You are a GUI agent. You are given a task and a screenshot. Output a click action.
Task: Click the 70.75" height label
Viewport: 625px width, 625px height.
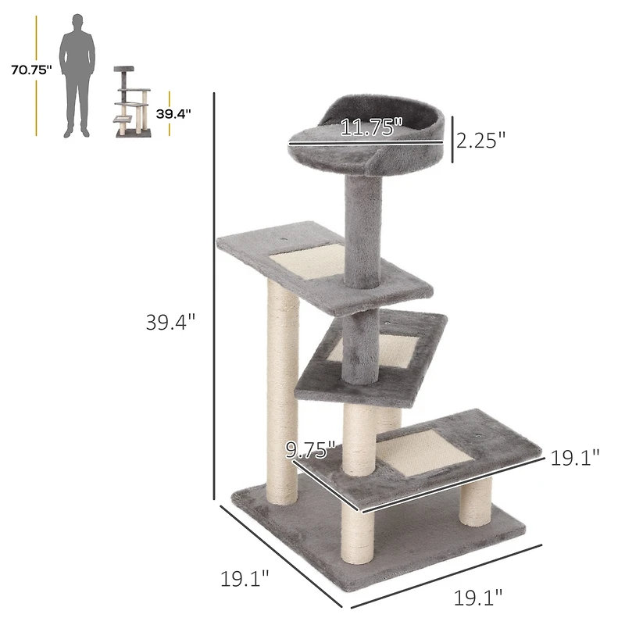(31, 70)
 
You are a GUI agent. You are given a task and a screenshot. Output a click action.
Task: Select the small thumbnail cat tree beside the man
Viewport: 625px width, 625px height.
(132, 102)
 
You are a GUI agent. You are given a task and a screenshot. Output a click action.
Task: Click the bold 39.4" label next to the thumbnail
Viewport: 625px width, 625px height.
(173, 113)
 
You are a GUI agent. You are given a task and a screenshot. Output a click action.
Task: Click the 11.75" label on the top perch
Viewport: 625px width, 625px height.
(371, 127)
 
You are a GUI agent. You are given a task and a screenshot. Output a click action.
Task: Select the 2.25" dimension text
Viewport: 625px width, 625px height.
(481, 140)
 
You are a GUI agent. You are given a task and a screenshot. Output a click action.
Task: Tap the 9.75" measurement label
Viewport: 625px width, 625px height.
(310, 449)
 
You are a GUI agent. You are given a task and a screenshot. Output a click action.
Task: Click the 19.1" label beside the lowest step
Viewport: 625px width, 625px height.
(574, 458)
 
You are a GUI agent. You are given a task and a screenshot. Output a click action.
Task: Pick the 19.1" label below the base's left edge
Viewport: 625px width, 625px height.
(245, 579)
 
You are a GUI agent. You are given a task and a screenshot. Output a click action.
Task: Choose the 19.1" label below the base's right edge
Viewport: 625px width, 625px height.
(478, 598)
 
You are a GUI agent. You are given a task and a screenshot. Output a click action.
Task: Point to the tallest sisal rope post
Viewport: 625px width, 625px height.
(281, 391)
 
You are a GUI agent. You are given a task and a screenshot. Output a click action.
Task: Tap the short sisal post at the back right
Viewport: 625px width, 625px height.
(475, 500)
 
